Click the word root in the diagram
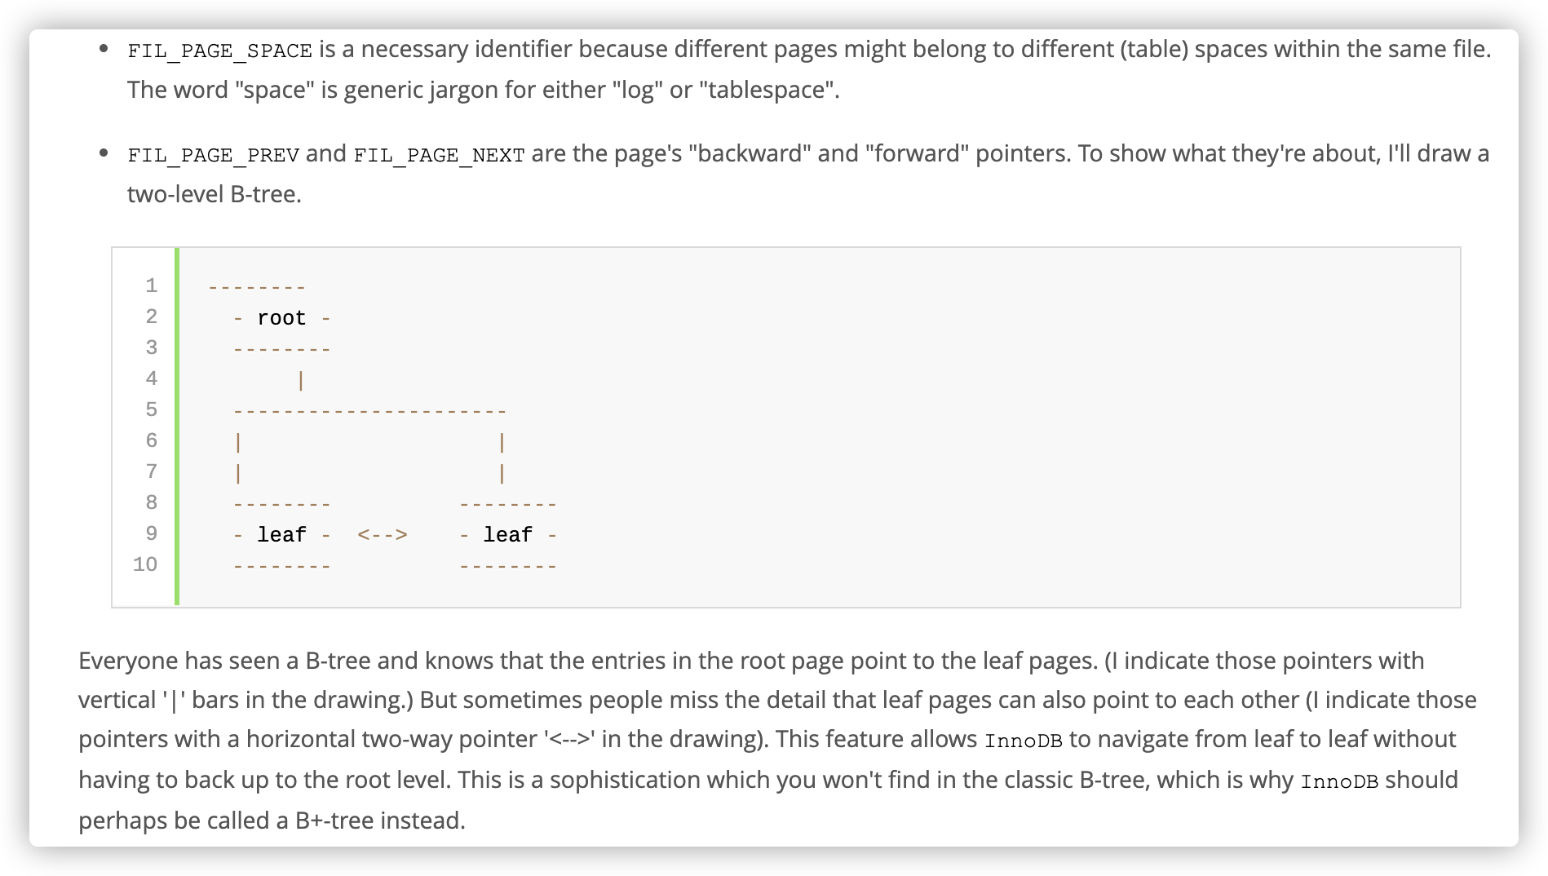pyautogui.click(x=281, y=318)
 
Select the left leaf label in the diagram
pyautogui.click(x=281, y=535)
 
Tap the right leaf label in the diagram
pyautogui.click(x=507, y=535)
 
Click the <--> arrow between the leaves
pyautogui.click(x=383, y=535)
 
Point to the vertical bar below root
pyautogui.click(x=301, y=381)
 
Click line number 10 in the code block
pyautogui.click(x=145, y=564)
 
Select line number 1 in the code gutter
pyautogui.click(x=152, y=285)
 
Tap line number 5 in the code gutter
pyautogui.click(x=152, y=409)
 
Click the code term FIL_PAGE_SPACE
pyautogui.click(x=219, y=51)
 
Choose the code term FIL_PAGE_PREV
pyautogui.click(x=213, y=155)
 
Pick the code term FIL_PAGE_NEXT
pyautogui.click(x=439, y=155)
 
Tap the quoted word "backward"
pyautogui.click(x=750, y=153)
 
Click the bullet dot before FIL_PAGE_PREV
pyautogui.click(x=104, y=153)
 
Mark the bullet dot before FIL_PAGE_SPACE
pyautogui.click(x=104, y=48)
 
